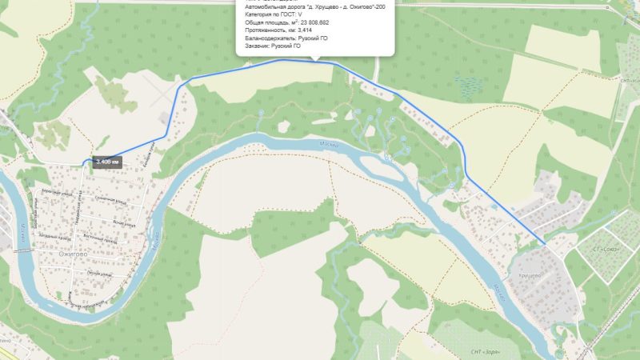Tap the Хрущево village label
530,276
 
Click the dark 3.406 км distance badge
107,161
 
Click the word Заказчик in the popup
259,46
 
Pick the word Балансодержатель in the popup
270,38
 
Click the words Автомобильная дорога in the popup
276,6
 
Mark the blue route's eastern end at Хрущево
546,242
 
